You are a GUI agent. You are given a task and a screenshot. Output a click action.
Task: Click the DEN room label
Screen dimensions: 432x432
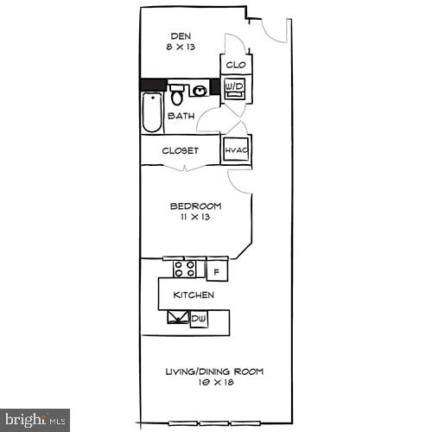pyautogui.click(x=180, y=36)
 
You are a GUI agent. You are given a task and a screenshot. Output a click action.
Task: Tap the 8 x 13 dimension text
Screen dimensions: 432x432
pyautogui.click(x=180, y=48)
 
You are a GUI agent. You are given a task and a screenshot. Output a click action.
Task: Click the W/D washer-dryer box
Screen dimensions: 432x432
pyautogui.click(x=234, y=87)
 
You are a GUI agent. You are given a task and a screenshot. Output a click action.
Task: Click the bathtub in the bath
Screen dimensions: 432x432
pyautogui.click(x=152, y=113)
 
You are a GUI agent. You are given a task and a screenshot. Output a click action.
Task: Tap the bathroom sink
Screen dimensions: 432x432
pyautogui.click(x=200, y=90)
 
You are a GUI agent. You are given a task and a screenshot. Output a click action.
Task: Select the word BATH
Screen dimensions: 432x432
pyautogui.click(x=181, y=117)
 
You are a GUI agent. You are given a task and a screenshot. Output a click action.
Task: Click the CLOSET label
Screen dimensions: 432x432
pyautogui.click(x=181, y=150)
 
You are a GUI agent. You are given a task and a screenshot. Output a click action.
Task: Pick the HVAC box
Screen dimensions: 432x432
pyautogui.click(x=236, y=150)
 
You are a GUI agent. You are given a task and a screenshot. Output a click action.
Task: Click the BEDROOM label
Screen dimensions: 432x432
pyautogui.click(x=195, y=206)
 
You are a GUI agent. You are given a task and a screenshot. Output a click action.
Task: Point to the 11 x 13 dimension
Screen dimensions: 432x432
pyautogui.click(x=195, y=217)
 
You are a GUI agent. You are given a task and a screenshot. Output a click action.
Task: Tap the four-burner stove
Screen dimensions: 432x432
pyautogui.click(x=184, y=269)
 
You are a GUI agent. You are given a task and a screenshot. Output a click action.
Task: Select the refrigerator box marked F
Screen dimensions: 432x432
pyautogui.click(x=216, y=270)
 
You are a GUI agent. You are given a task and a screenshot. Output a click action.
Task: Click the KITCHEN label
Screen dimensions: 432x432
pyautogui.click(x=194, y=295)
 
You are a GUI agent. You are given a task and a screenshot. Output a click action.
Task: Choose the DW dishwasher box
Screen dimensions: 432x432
pyautogui.click(x=199, y=319)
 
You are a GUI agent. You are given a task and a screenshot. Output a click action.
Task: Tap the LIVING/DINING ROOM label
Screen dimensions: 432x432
pyautogui.click(x=214, y=372)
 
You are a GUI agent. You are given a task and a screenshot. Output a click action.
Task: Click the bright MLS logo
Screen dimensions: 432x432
pyautogui.click(x=35, y=420)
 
